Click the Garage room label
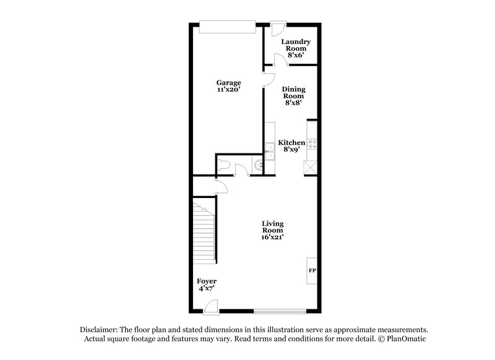tap(228, 83)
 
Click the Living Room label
tap(272, 229)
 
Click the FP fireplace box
tap(312, 270)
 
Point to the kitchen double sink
tap(270, 150)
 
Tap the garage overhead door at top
tap(227, 25)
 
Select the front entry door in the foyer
tap(211, 305)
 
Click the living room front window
tap(280, 309)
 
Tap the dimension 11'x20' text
tap(228, 90)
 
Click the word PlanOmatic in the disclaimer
tap(406, 339)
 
